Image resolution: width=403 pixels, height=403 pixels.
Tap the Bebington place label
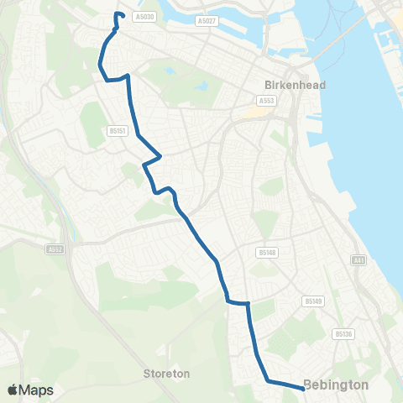[x=336, y=385]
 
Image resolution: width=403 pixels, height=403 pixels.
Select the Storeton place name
[x=166, y=373]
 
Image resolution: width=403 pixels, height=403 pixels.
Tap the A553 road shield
[x=267, y=101]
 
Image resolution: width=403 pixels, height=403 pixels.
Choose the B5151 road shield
[x=117, y=131]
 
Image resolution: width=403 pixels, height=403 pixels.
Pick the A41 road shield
[x=359, y=261]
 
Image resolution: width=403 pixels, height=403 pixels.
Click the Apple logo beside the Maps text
[x=13, y=390]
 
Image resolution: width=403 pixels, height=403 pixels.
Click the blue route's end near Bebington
[x=302, y=388]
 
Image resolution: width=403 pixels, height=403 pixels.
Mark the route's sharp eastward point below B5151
[x=160, y=155]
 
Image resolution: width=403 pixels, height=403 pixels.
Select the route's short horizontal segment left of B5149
[x=238, y=302]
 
